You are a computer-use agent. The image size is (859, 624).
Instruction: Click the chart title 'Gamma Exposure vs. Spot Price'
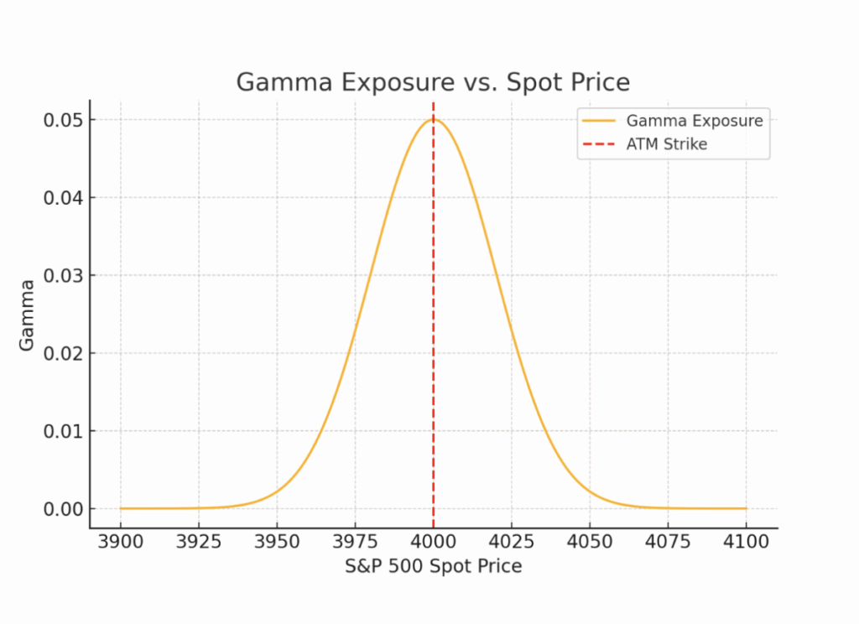click(x=432, y=82)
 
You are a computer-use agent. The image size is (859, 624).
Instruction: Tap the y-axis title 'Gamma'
click(x=28, y=315)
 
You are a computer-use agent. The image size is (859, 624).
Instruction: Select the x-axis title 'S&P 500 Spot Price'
click(x=433, y=566)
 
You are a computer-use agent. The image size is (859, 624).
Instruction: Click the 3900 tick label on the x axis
click(x=120, y=542)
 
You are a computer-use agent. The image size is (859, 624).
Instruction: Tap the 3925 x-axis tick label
click(x=199, y=542)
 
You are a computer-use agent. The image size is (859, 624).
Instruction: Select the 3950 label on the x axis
click(x=277, y=542)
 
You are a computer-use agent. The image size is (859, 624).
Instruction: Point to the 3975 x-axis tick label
click(x=355, y=542)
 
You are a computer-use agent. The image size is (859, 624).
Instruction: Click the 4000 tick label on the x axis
click(x=433, y=542)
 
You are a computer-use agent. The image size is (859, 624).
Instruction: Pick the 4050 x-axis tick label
click(x=590, y=542)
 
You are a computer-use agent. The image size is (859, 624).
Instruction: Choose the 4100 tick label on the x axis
click(x=746, y=542)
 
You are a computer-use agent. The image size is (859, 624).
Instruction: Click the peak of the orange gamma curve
click(x=433, y=119)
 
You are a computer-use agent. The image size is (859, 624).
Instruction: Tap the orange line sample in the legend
click(x=599, y=121)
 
